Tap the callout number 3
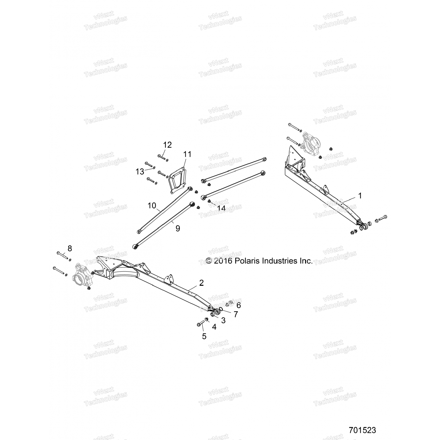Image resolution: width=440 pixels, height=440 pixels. (x=223, y=321)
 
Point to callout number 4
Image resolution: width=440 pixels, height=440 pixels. (x=214, y=327)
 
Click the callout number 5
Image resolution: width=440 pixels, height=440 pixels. (x=204, y=336)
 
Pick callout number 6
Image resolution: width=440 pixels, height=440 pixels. (x=238, y=305)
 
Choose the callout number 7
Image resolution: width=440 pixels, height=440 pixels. (x=236, y=314)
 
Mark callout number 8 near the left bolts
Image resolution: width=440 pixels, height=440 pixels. (x=70, y=248)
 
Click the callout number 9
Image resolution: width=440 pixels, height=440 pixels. (x=178, y=229)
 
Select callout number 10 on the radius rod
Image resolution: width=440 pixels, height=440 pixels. (x=152, y=206)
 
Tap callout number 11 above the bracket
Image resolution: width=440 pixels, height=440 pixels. (x=187, y=154)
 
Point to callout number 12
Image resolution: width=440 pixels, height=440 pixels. (x=167, y=145)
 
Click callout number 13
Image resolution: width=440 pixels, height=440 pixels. (x=140, y=171)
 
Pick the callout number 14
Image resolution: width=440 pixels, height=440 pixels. (x=221, y=208)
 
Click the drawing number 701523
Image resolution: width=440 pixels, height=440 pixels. (x=362, y=430)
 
